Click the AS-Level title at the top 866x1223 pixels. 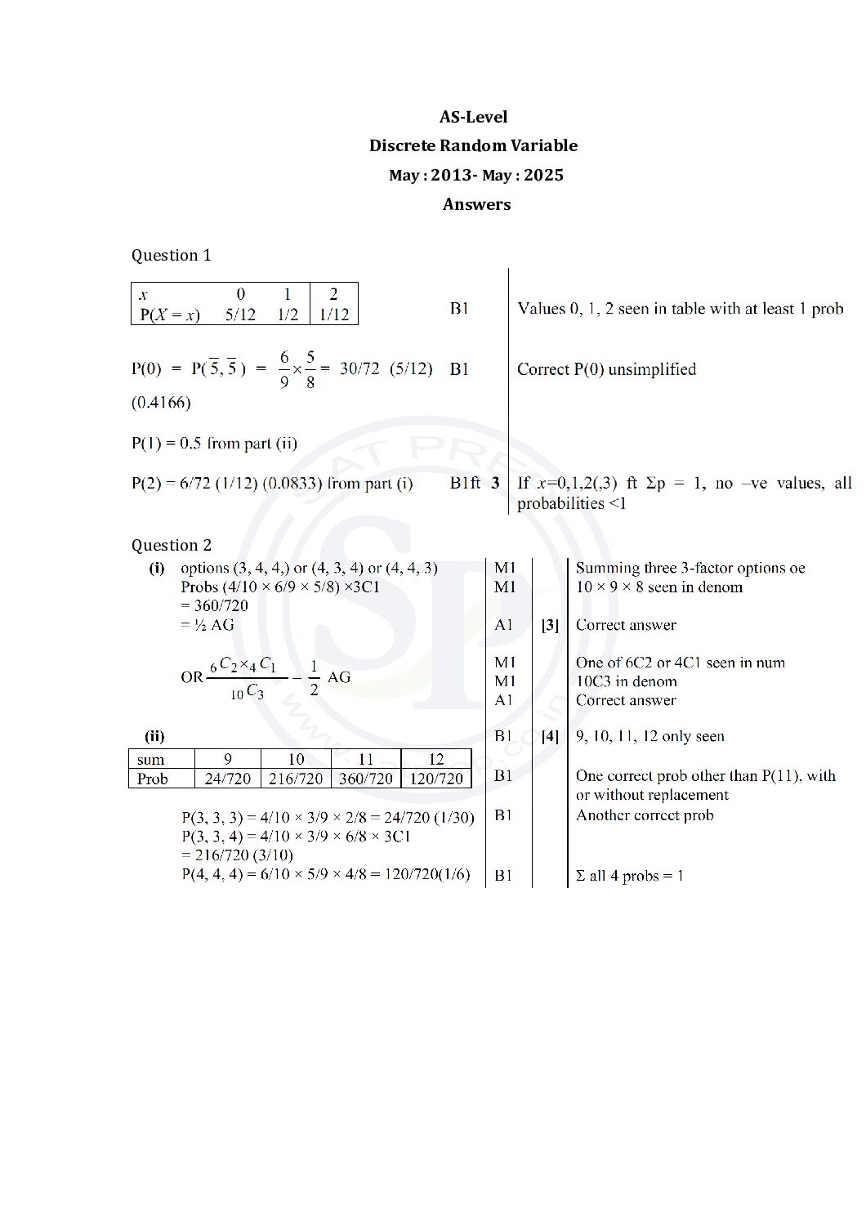coord(473,117)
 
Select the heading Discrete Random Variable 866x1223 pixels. coord(473,145)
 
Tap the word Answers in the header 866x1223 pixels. coord(476,204)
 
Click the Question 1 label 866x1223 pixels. coord(171,255)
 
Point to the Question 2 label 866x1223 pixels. coord(171,545)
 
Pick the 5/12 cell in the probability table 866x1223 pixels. coord(240,315)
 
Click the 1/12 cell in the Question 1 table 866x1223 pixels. coord(333,315)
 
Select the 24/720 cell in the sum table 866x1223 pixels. coord(227,779)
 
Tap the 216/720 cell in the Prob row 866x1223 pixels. coord(296,779)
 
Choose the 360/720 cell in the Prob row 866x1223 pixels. coord(365,779)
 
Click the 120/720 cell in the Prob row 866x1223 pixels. coord(436,779)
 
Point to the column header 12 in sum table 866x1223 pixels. coord(436,759)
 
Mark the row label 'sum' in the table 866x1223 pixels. coord(150,760)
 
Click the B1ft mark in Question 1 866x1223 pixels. coord(465,483)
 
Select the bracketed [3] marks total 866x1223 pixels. coord(550,625)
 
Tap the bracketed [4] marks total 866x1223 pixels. coord(550,736)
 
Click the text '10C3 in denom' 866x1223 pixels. coord(626,681)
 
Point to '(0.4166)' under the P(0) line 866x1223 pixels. coord(161,402)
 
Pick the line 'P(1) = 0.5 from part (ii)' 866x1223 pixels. coord(214,443)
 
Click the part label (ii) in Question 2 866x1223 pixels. coord(154,736)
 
